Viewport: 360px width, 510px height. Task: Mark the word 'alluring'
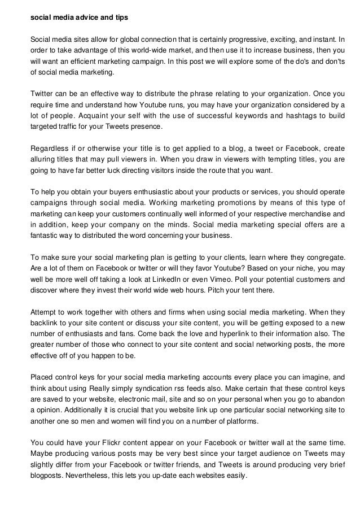42,159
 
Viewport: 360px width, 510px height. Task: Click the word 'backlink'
44,322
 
